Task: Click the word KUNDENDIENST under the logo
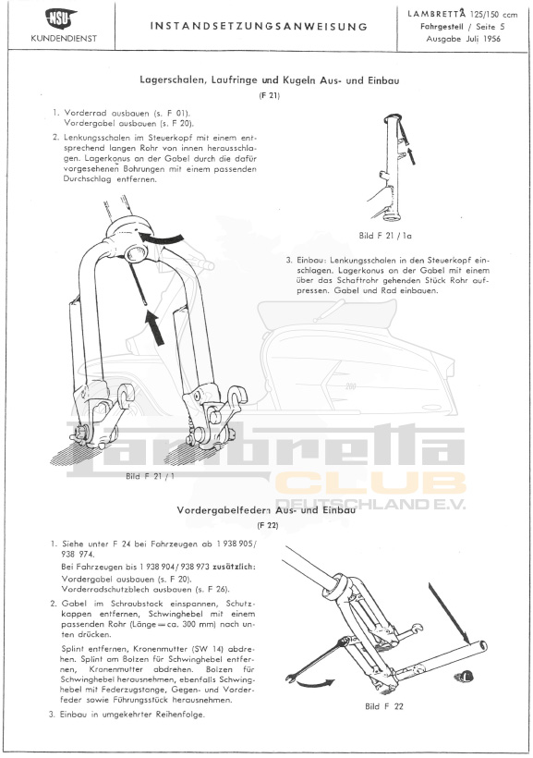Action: (64, 39)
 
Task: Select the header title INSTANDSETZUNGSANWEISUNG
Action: (259, 26)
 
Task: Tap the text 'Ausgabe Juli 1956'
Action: (463, 39)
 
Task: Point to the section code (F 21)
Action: (269, 95)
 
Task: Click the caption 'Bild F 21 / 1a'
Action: (385, 236)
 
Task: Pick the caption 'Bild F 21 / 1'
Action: (150, 476)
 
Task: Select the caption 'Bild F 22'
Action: (384, 706)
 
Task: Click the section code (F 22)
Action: (267, 525)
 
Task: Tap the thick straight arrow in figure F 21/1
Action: (155, 328)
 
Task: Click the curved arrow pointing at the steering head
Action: (162, 238)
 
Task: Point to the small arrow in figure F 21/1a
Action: (411, 156)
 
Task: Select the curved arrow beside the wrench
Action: (314, 683)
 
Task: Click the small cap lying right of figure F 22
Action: (462, 676)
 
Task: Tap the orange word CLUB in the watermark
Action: (370, 483)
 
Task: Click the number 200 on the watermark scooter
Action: (350, 386)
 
